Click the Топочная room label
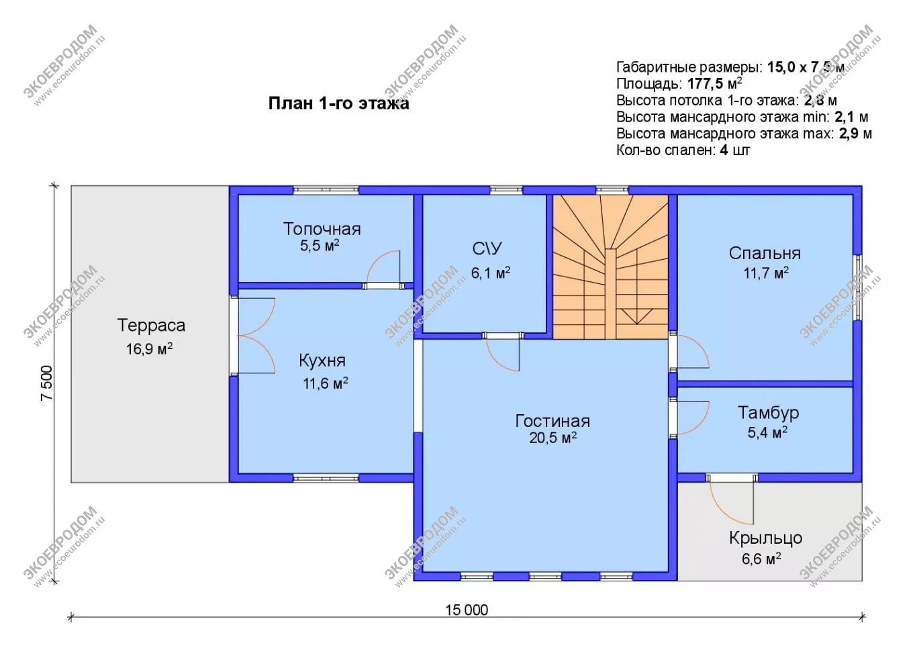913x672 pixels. point(322,229)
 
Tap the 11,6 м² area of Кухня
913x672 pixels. point(325,383)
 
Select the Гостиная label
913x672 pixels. point(552,421)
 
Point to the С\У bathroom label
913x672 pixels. point(487,248)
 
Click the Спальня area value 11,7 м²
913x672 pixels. point(766,273)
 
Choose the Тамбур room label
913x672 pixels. point(768,413)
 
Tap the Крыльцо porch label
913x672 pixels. point(766,538)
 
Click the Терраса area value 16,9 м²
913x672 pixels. point(149,349)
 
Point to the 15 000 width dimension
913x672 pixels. point(467,610)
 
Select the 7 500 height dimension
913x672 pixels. point(47,383)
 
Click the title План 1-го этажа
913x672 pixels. point(339,103)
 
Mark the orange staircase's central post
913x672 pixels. point(610,294)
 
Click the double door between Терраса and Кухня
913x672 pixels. point(256,336)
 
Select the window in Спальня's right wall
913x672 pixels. point(858,288)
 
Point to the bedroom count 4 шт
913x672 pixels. point(735,150)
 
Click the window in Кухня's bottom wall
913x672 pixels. point(326,477)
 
